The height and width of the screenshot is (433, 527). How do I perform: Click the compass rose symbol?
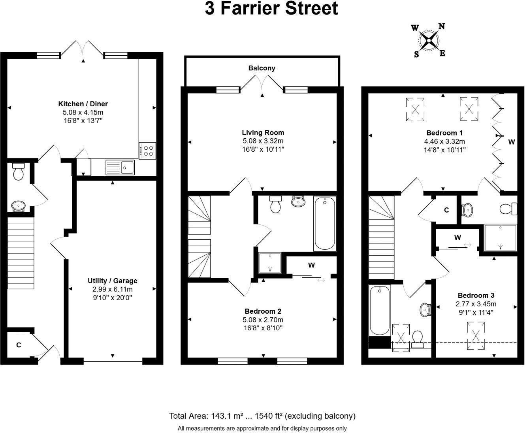coord(429,40)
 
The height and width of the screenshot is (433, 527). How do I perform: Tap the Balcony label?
coord(262,68)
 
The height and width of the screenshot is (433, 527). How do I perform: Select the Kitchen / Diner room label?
coord(83,104)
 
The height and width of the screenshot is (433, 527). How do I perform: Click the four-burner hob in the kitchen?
coord(147,151)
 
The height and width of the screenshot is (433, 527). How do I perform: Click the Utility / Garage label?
coord(112,281)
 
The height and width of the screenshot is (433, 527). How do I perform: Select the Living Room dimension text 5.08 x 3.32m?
coord(263,141)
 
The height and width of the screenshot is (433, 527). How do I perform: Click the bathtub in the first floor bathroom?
coord(325,223)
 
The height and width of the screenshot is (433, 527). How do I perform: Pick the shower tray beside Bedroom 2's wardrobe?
coord(270,263)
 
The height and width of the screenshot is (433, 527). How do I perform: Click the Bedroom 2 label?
coord(263,311)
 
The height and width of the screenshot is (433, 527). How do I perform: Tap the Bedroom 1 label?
coord(444,133)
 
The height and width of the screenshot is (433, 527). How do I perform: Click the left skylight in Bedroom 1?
coord(415,109)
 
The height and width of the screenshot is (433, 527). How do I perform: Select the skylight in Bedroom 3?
coord(476,336)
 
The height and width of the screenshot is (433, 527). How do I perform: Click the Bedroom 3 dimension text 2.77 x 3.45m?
coord(476,304)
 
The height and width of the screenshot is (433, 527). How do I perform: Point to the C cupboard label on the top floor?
coord(446,210)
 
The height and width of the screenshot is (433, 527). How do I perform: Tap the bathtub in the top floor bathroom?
coord(379,311)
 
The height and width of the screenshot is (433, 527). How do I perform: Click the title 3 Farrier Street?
coord(271,8)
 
